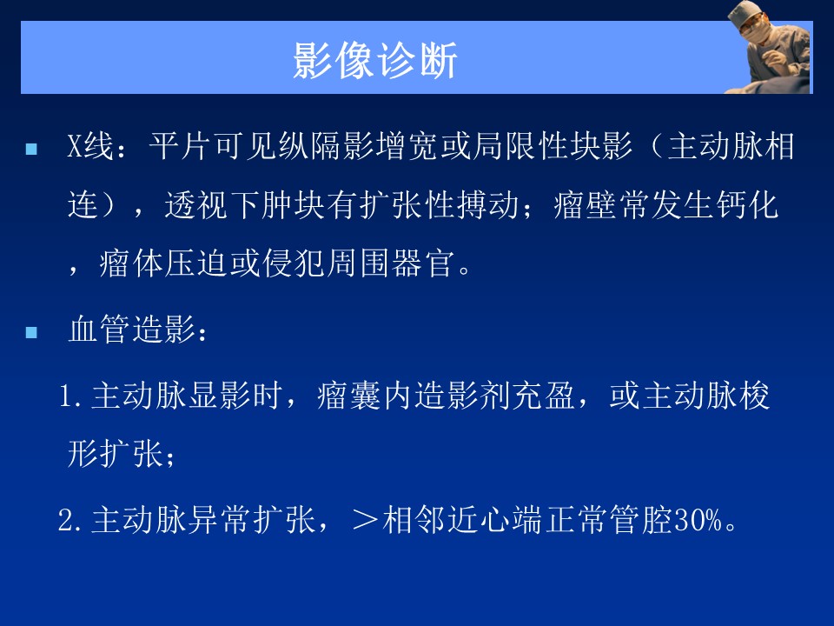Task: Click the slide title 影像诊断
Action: [x=375, y=60]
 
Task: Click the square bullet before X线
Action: [x=31, y=148]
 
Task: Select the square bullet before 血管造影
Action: [x=31, y=332]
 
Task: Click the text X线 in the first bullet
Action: [x=90, y=146]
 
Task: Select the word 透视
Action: [x=196, y=204]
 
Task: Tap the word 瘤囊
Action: [x=349, y=396]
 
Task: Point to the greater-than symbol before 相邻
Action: [x=365, y=520]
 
